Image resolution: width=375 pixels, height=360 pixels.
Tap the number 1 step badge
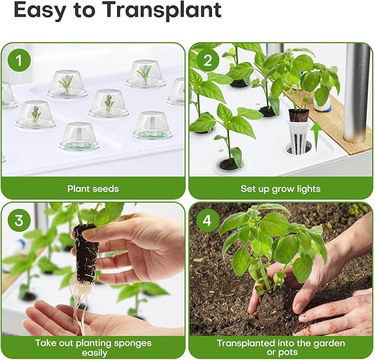pos(19,61)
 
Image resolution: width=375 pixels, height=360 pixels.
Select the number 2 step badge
pos(207,61)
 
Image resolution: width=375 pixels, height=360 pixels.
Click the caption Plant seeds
pos(93,189)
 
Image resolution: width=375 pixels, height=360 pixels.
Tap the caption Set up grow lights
pos(281,189)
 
